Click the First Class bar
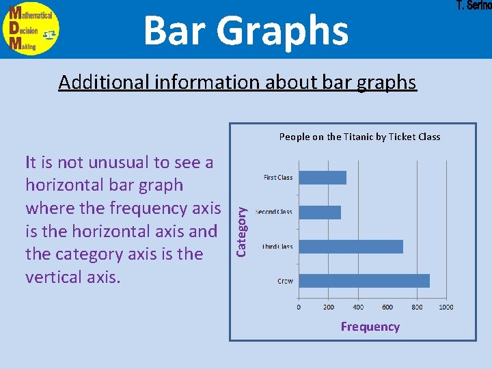pyautogui.click(x=323, y=178)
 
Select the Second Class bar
pyautogui.click(x=320, y=213)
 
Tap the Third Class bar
pyautogui.click(x=351, y=247)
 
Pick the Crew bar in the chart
pyautogui.click(x=364, y=281)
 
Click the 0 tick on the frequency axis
pyautogui.click(x=299, y=307)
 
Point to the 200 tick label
pyautogui.click(x=328, y=307)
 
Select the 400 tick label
pyautogui.click(x=357, y=307)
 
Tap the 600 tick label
pyautogui.click(x=387, y=307)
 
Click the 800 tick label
pyautogui.click(x=416, y=307)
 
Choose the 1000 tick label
pyautogui.click(x=446, y=307)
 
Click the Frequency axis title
pyautogui.click(x=370, y=327)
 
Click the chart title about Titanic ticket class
pyautogui.click(x=359, y=137)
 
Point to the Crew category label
pyautogui.click(x=285, y=281)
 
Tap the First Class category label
pyautogui.click(x=278, y=178)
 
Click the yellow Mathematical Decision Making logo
pyautogui.click(x=32, y=29)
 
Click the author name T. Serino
pyautogui.click(x=473, y=6)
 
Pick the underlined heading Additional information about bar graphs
pyautogui.click(x=237, y=82)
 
